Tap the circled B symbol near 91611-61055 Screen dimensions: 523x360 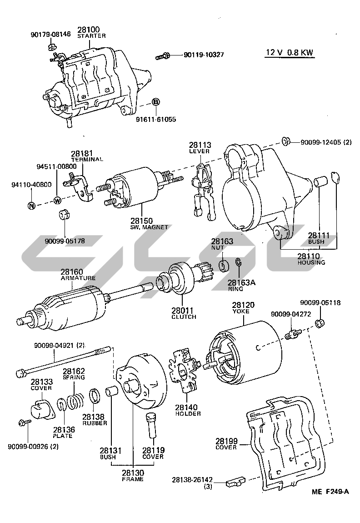155,102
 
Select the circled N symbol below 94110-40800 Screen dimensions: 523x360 31,206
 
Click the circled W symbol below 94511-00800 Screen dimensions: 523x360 57,200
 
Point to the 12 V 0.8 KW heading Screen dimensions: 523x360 290,52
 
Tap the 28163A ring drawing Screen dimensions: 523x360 238,262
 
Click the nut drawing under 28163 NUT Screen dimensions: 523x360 223,266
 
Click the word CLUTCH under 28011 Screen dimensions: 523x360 184,317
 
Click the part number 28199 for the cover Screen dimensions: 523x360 226,441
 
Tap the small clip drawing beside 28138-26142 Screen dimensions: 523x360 235,480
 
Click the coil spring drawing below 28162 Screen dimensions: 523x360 75,400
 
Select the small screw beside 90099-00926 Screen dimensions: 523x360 24,423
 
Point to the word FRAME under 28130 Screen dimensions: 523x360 132,479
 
